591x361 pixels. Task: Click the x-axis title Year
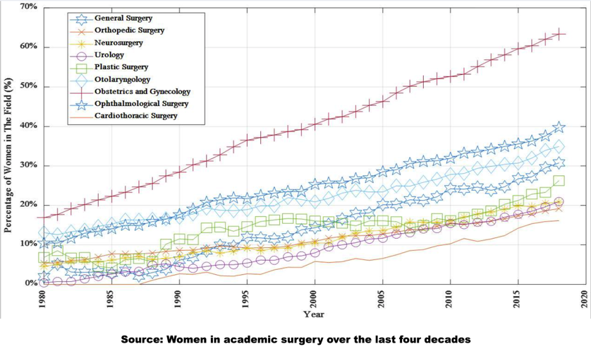click(314, 314)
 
